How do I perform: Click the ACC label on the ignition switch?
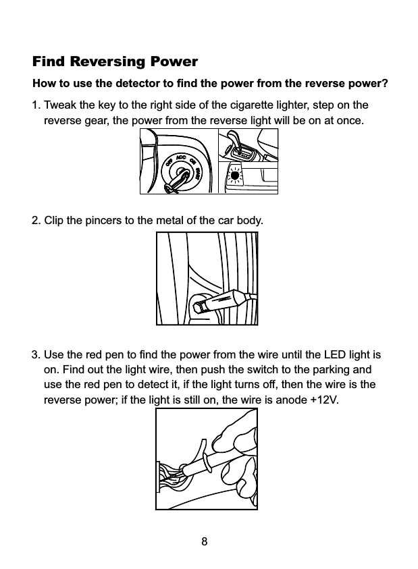pos(180,157)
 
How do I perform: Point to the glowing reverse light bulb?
pos(235,178)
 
